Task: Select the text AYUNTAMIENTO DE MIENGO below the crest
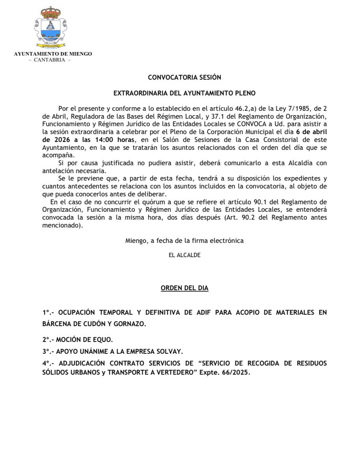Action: pos(53,54)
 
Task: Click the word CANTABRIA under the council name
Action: pos(50,60)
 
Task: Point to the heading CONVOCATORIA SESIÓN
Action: pos(184,78)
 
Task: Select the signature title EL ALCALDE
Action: pos(185,255)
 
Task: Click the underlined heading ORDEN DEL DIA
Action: pos(185,288)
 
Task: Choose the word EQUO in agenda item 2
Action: pos(104,339)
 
